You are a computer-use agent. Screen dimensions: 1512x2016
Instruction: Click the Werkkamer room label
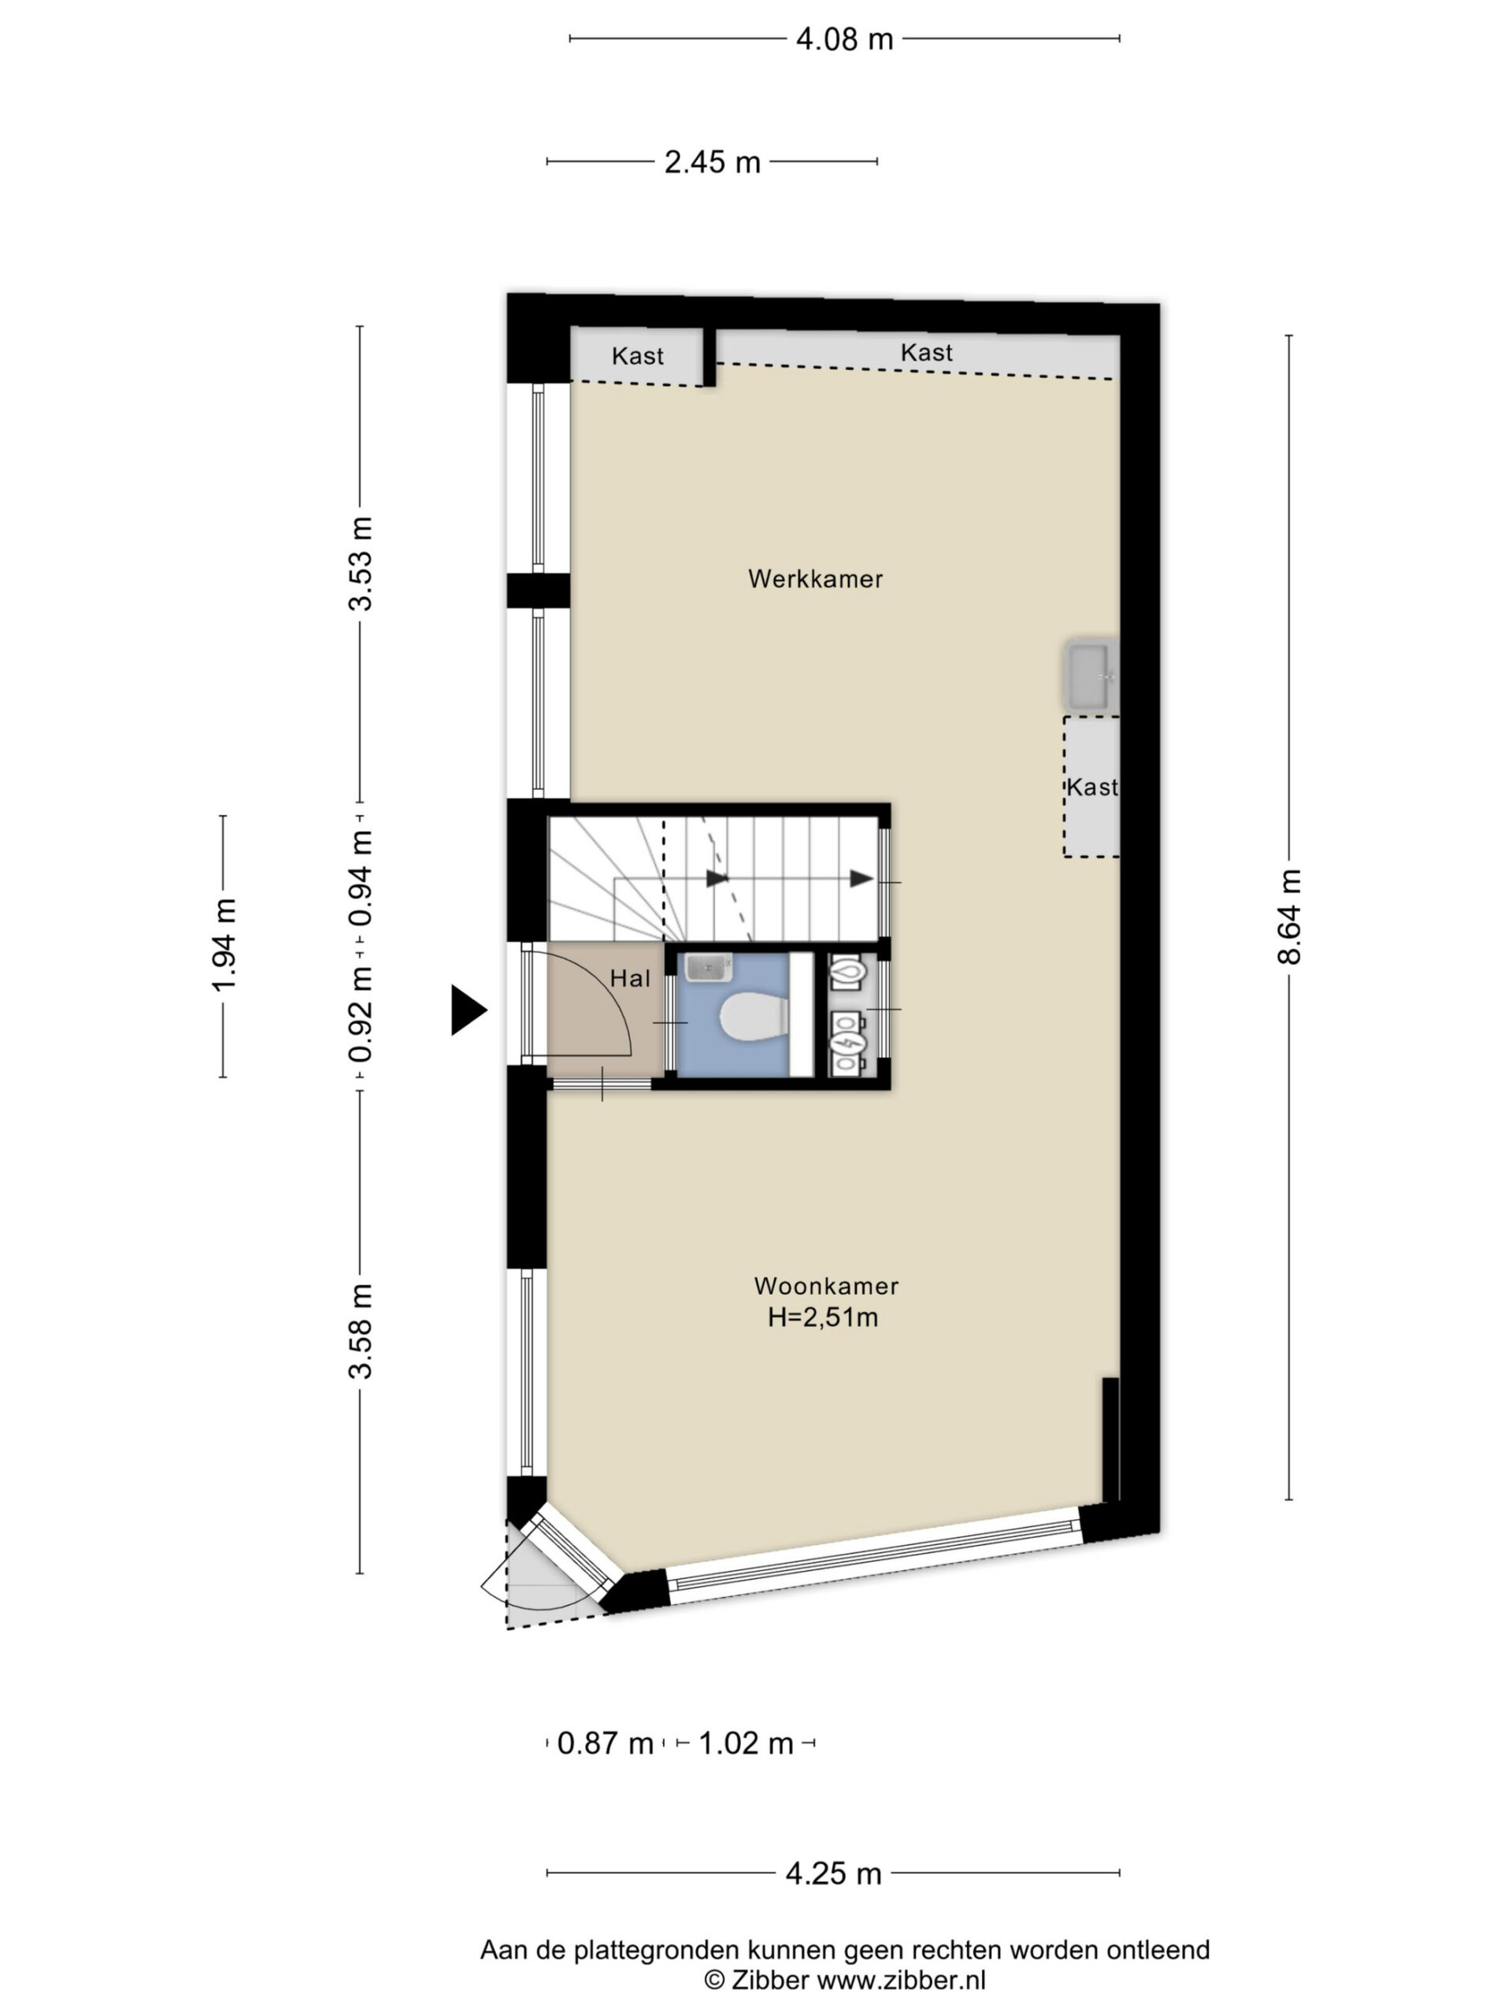815,579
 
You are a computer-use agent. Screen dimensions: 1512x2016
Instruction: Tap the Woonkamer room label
826,1286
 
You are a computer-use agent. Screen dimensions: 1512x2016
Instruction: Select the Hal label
630,978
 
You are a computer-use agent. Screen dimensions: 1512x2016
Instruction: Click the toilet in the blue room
753,1018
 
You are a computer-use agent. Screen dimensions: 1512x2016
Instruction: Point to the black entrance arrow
469,1010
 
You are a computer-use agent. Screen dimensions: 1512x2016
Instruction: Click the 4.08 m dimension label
844,39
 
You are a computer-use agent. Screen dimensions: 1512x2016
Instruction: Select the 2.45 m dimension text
712,162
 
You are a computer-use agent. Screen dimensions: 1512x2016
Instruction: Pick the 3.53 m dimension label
361,563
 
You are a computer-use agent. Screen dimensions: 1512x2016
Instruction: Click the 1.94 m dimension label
224,945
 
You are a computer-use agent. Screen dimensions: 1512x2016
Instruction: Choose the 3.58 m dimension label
361,1332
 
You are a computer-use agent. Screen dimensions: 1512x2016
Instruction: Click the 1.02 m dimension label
746,1744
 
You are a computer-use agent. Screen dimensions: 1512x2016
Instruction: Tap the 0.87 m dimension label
605,1744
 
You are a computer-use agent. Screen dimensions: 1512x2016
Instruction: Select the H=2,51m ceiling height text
823,1317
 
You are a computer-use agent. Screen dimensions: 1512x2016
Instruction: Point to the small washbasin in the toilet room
708,968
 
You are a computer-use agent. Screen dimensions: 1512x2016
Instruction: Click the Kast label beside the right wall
1091,787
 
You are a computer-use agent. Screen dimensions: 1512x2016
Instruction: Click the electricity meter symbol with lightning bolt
847,1042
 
